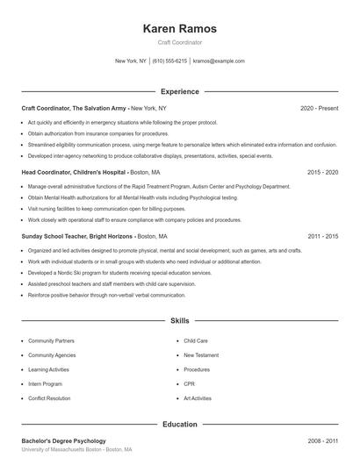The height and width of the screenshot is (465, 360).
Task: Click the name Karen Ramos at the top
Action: click(179, 29)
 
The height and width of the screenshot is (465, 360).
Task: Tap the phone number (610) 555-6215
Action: click(169, 61)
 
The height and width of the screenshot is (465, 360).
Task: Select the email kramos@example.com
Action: click(219, 61)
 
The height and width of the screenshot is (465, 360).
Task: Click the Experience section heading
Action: click(179, 91)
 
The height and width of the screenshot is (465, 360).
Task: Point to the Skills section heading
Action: click(179, 322)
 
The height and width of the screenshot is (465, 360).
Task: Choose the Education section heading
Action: click(179, 424)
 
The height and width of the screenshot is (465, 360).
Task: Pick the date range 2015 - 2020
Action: click(322, 172)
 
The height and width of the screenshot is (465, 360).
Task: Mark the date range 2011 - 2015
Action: click(322, 237)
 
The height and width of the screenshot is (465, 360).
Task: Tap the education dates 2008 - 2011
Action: click(322, 440)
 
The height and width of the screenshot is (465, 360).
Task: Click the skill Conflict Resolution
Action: click(49, 398)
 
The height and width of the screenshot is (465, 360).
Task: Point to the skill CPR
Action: click(189, 383)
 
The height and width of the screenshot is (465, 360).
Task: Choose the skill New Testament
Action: click(200, 354)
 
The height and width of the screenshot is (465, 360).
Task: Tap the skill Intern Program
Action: click(46, 383)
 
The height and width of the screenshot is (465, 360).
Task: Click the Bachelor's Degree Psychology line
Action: click(63, 440)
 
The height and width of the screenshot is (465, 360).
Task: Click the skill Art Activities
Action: click(198, 398)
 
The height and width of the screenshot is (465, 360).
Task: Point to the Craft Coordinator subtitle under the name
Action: click(179, 42)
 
